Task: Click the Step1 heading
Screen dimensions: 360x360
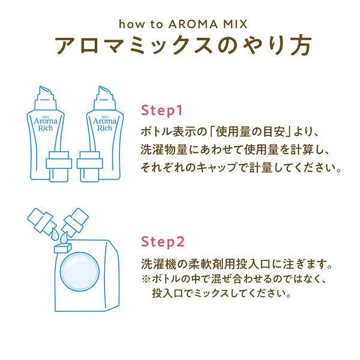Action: click(x=161, y=110)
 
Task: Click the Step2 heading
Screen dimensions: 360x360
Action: click(x=163, y=242)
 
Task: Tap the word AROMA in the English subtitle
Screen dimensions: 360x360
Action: click(x=193, y=24)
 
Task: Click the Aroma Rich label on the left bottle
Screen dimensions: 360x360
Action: click(x=46, y=124)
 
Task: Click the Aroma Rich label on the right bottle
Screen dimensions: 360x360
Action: click(x=104, y=124)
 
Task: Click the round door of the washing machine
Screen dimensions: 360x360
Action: click(x=80, y=272)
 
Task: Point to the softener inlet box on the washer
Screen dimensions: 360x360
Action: click(x=62, y=248)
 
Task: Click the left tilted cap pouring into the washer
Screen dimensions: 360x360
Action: click(x=40, y=221)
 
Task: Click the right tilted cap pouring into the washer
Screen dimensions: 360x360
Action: click(x=76, y=220)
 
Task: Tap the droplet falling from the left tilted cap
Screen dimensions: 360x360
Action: click(x=55, y=235)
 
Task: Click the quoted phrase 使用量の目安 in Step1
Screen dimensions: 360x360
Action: click(x=250, y=132)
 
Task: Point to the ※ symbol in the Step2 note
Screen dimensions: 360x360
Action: click(x=146, y=279)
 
